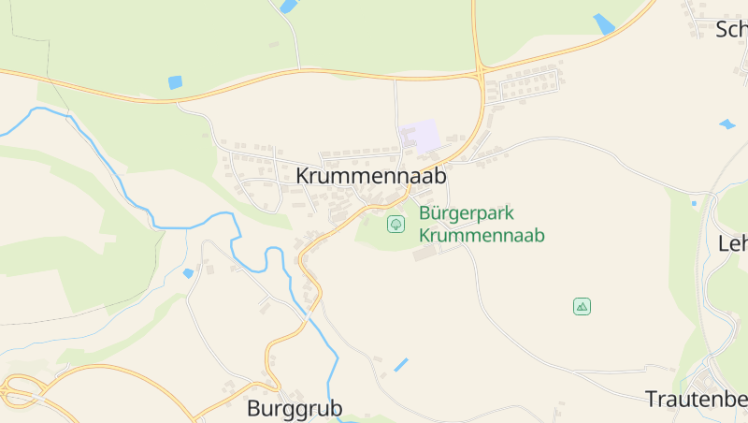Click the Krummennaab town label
pyautogui.click(x=371, y=175)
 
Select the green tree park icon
pyautogui.click(x=396, y=224)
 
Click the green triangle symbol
pyautogui.click(x=582, y=306)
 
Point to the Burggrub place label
pyautogui.click(x=295, y=408)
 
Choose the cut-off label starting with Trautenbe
pyautogui.click(x=696, y=399)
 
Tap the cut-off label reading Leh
pyautogui.click(x=732, y=243)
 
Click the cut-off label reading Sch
pyautogui.click(x=731, y=29)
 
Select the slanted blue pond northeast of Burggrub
pyautogui.click(x=401, y=364)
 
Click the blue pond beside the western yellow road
pyautogui.click(x=175, y=82)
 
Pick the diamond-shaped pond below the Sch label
pyautogui.click(x=726, y=124)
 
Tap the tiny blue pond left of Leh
pyautogui.click(x=694, y=202)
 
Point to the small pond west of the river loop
pyautogui.click(x=189, y=273)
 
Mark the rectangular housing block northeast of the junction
pyautogui.click(x=529, y=85)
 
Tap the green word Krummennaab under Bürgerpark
pyautogui.click(x=482, y=235)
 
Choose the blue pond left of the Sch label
pyautogui.click(x=604, y=23)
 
